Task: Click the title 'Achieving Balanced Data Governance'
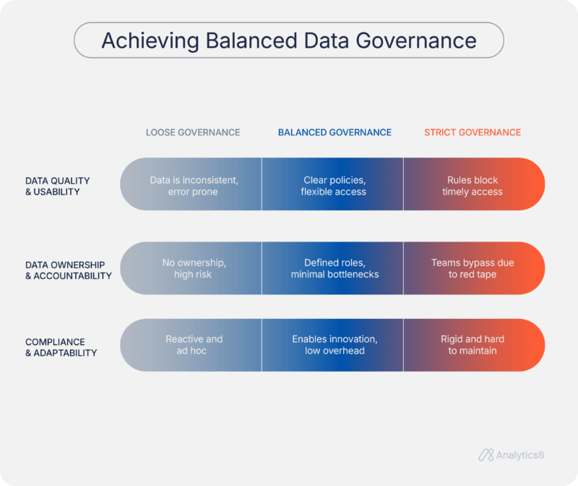(288, 40)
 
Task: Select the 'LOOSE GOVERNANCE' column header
(193, 132)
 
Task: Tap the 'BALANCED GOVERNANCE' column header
(335, 132)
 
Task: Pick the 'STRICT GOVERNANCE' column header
(472, 132)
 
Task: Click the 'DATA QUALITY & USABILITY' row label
(57, 186)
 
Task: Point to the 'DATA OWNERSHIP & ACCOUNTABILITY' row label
(68, 270)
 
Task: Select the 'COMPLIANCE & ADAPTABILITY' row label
(61, 347)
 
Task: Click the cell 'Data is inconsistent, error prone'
(194, 186)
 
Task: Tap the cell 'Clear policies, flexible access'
(334, 186)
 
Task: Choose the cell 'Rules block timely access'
(472, 186)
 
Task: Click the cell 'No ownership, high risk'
(193, 268)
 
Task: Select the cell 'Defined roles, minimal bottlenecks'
(334, 268)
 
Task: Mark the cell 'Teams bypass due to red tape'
(473, 268)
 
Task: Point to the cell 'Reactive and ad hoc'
(194, 345)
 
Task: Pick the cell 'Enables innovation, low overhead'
(335, 345)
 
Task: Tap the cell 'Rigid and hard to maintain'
(473, 345)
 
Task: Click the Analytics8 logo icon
(486, 455)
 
